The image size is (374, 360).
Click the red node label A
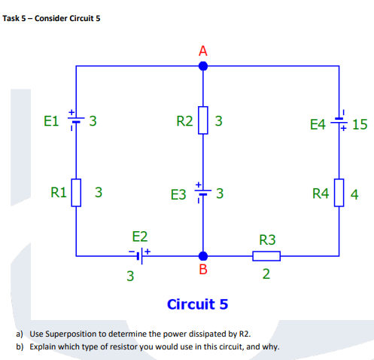pyautogui.click(x=202, y=51)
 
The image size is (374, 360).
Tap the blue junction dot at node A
pyautogui.click(x=202, y=66)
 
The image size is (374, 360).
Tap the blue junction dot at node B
pyautogui.click(x=202, y=255)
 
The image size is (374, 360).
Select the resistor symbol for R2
pyautogui.click(x=202, y=121)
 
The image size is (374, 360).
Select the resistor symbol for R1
pyautogui.click(x=76, y=193)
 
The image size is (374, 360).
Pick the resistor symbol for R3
pyautogui.click(x=267, y=255)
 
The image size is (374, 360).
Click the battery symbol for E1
pyautogui.click(x=76, y=121)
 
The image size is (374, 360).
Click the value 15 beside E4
pyautogui.click(x=359, y=124)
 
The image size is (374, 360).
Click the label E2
pyautogui.click(x=140, y=235)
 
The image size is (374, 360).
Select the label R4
pyautogui.click(x=320, y=195)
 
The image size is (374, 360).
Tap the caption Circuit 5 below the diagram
pyautogui.click(x=197, y=304)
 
